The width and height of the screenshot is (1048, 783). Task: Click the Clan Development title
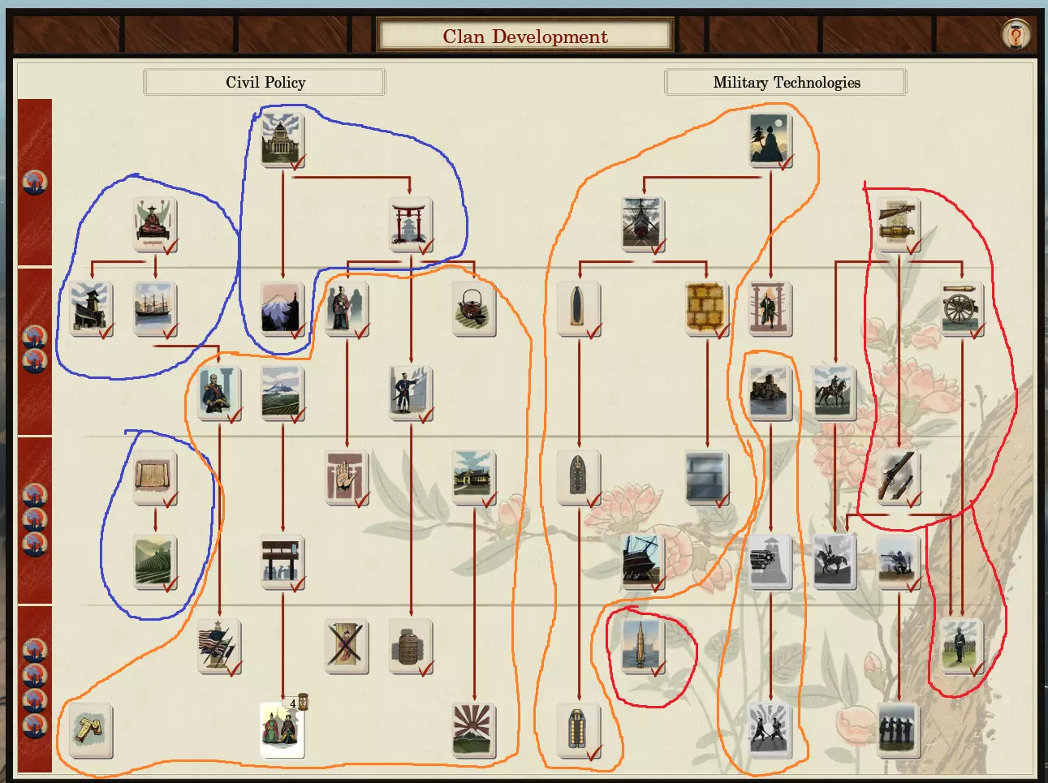[525, 37]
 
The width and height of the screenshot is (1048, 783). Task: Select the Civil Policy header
[265, 82]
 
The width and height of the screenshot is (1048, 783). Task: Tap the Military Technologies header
[786, 82]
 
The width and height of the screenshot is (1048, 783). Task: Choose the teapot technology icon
[473, 308]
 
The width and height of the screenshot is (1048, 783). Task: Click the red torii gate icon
[409, 222]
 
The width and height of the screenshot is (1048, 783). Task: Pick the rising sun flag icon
[473, 729]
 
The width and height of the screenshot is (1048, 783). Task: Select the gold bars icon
[90, 729]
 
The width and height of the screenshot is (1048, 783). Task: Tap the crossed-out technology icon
[346, 646]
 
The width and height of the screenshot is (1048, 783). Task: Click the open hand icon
[346, 477]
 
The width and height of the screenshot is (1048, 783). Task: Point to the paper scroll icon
[154, 477]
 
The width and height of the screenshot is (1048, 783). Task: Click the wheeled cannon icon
[961, 308]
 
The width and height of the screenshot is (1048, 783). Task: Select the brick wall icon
[706, 308]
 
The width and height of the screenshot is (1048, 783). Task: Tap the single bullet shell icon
[577, 308]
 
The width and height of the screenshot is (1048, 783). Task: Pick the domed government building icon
[282, 140]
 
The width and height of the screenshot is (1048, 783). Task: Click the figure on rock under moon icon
[769, 140]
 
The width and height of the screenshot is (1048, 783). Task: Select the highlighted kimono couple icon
[282, 729]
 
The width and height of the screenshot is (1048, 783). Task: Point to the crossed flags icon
[218, 646]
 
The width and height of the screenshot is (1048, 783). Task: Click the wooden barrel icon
[409, 646]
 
